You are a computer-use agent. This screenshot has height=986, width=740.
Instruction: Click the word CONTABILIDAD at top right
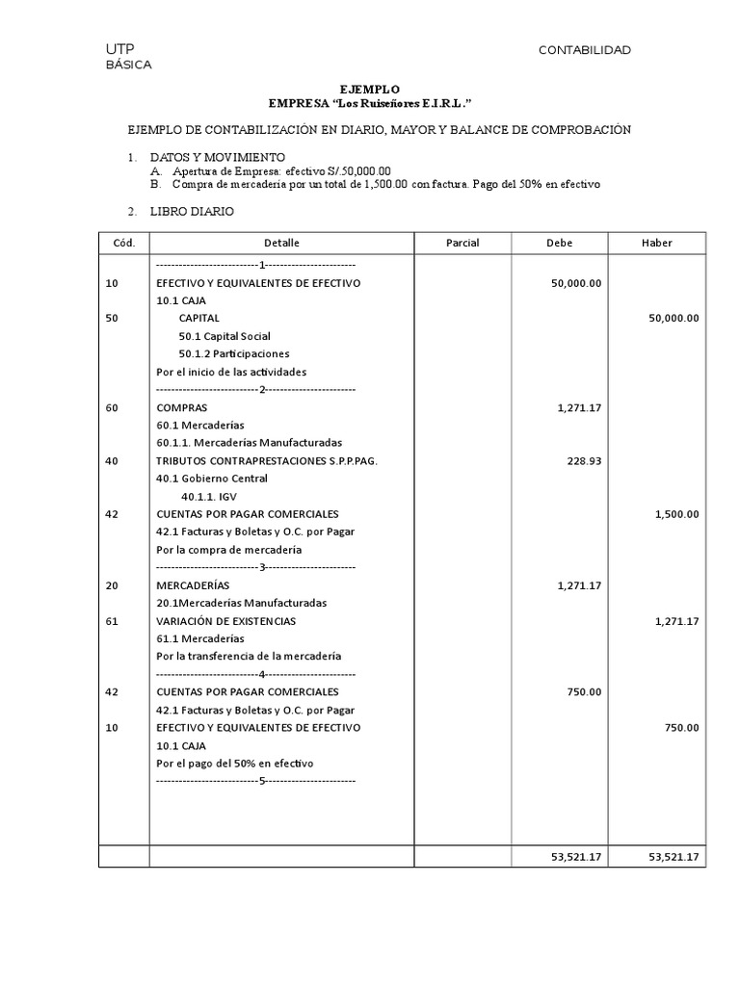584,50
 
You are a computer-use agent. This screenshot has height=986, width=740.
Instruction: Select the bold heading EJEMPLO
370,88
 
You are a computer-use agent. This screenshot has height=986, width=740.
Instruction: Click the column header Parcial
462,243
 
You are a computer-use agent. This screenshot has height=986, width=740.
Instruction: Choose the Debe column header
559,243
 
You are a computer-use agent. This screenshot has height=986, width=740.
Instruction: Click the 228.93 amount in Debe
583,460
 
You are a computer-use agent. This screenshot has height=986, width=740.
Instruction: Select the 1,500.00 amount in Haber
676,514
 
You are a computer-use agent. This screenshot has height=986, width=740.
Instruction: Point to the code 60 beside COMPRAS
112,407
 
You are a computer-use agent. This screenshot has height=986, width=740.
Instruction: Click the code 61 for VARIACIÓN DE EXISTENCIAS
112,621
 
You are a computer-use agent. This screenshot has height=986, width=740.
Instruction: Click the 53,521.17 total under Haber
674,857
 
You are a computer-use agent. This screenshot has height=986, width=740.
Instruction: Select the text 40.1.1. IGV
209,496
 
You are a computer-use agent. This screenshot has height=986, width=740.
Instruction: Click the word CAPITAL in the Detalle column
198,318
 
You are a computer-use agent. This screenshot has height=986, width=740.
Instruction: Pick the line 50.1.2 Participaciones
233,353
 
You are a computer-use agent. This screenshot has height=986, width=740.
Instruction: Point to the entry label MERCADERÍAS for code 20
193,585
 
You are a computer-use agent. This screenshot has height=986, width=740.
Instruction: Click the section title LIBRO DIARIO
192,211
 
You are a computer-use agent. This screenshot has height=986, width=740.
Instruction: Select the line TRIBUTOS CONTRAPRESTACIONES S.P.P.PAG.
267,460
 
